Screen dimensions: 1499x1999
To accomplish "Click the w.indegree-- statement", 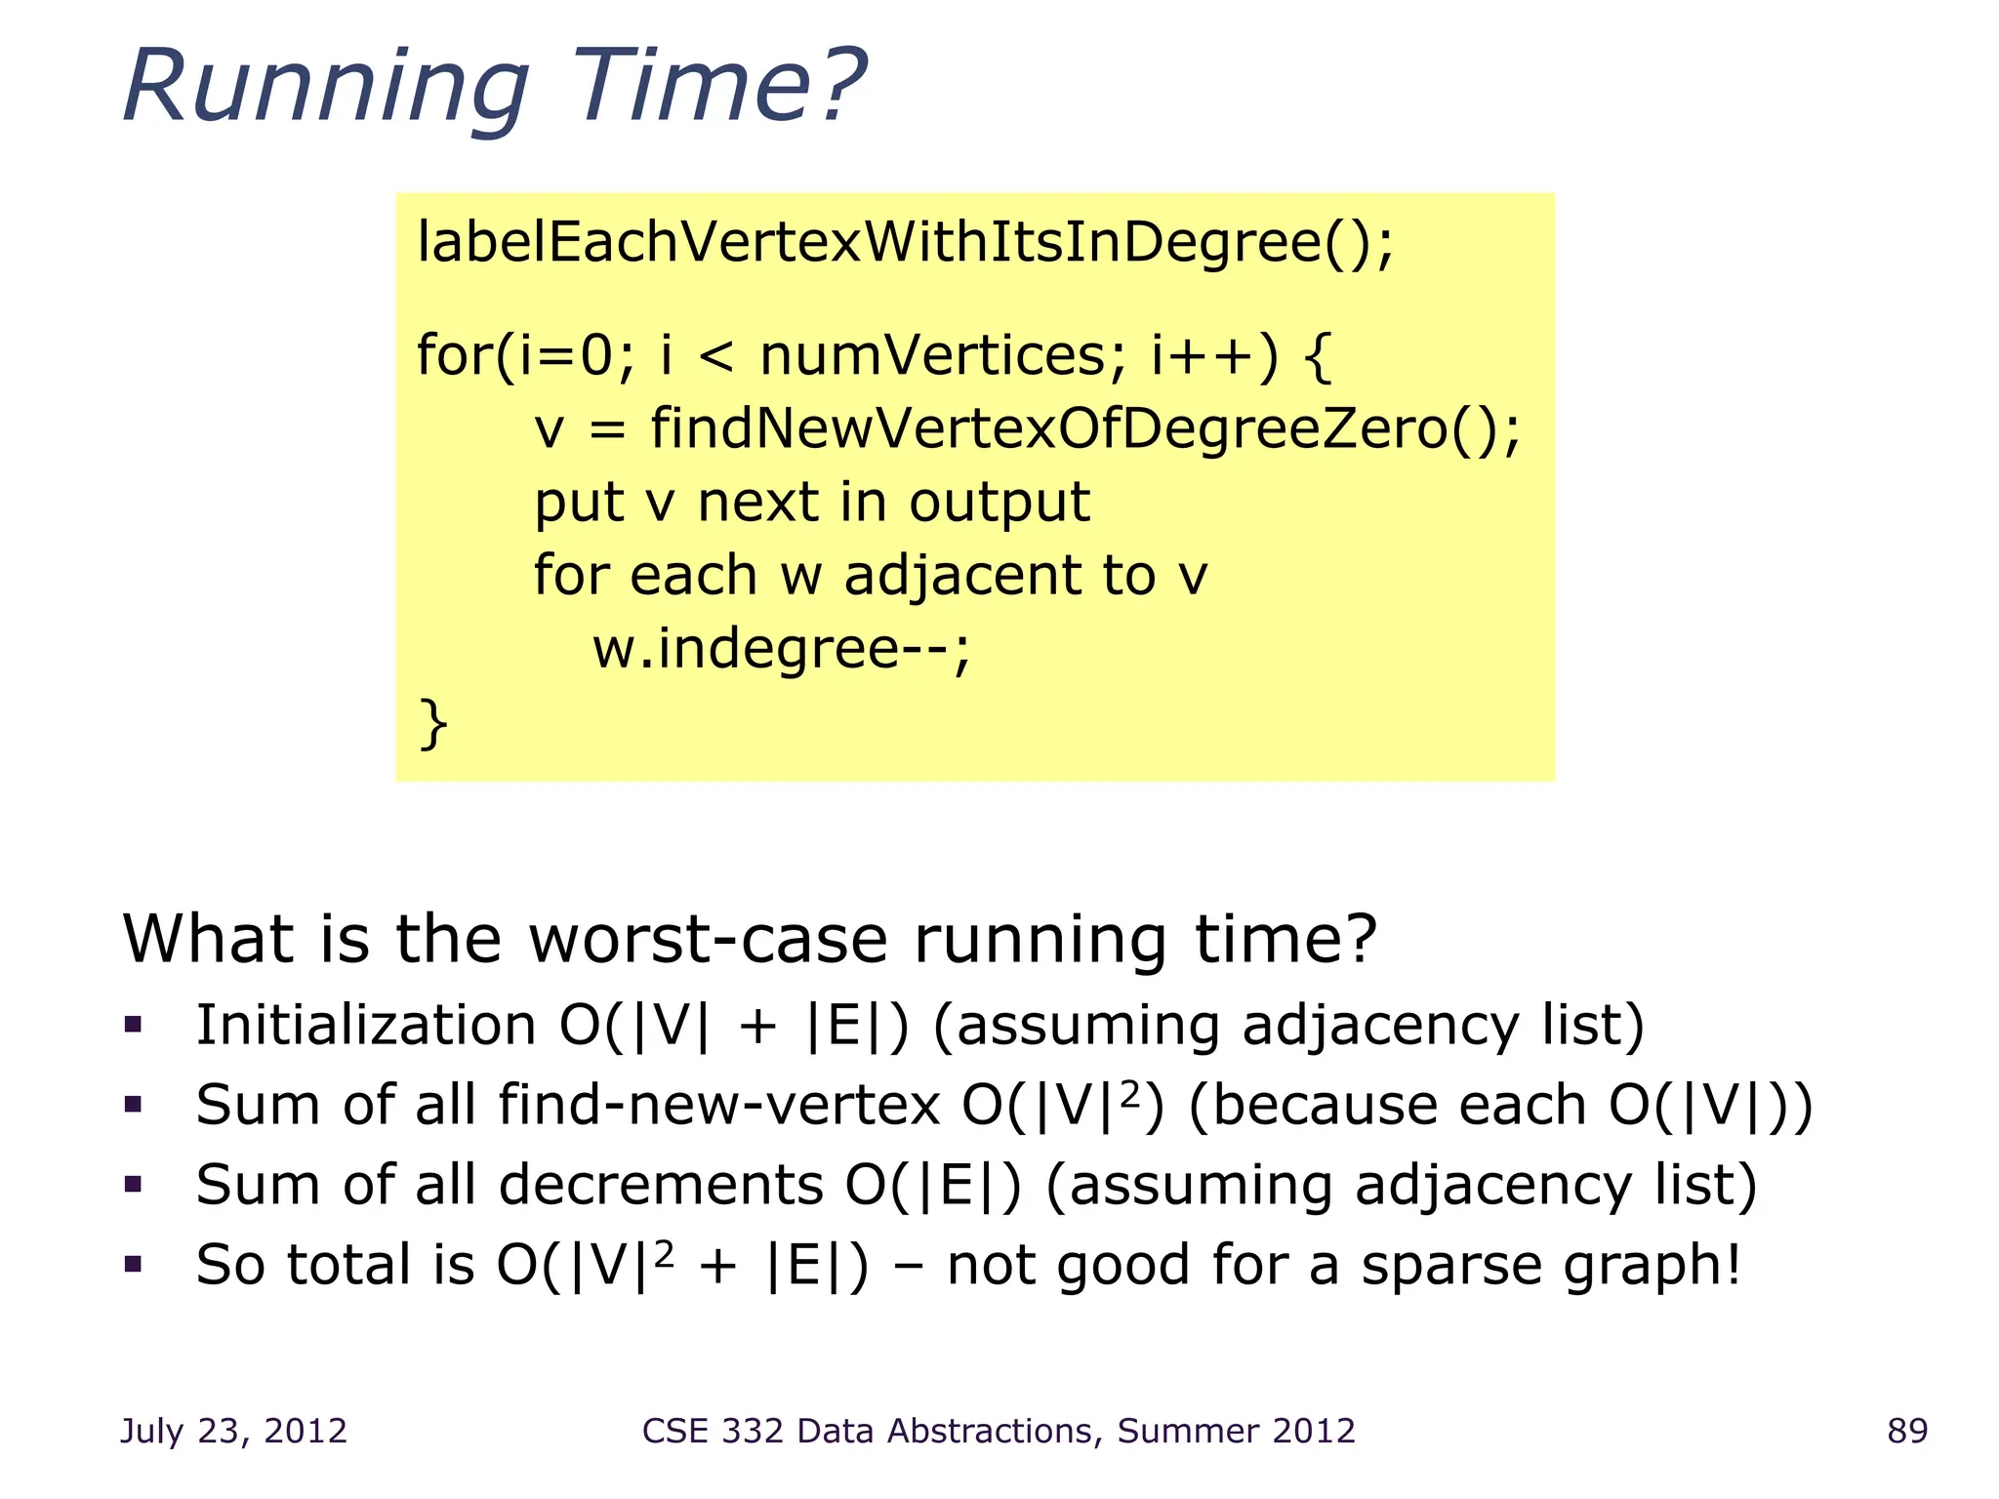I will tap(781, 648).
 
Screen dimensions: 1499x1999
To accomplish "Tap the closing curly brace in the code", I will tap(432, 723).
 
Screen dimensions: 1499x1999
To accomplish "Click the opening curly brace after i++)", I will tap(1318, 357).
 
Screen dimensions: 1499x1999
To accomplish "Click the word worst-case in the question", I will tap(708, 939).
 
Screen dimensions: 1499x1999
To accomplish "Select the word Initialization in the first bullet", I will tap(366, 1026).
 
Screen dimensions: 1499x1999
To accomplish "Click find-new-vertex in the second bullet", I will tap(718, 1106).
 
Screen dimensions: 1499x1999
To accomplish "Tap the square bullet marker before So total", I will tap(134, 1265).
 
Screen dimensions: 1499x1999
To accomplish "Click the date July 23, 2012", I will tap(233, 1431).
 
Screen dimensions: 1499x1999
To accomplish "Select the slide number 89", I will tap(1907, 1431).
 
